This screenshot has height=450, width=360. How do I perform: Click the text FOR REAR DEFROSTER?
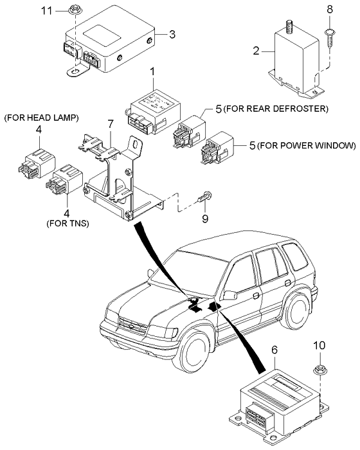[277, 108]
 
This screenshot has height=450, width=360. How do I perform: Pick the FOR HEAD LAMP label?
[41, 118]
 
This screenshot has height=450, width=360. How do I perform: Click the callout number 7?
[110, 123]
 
